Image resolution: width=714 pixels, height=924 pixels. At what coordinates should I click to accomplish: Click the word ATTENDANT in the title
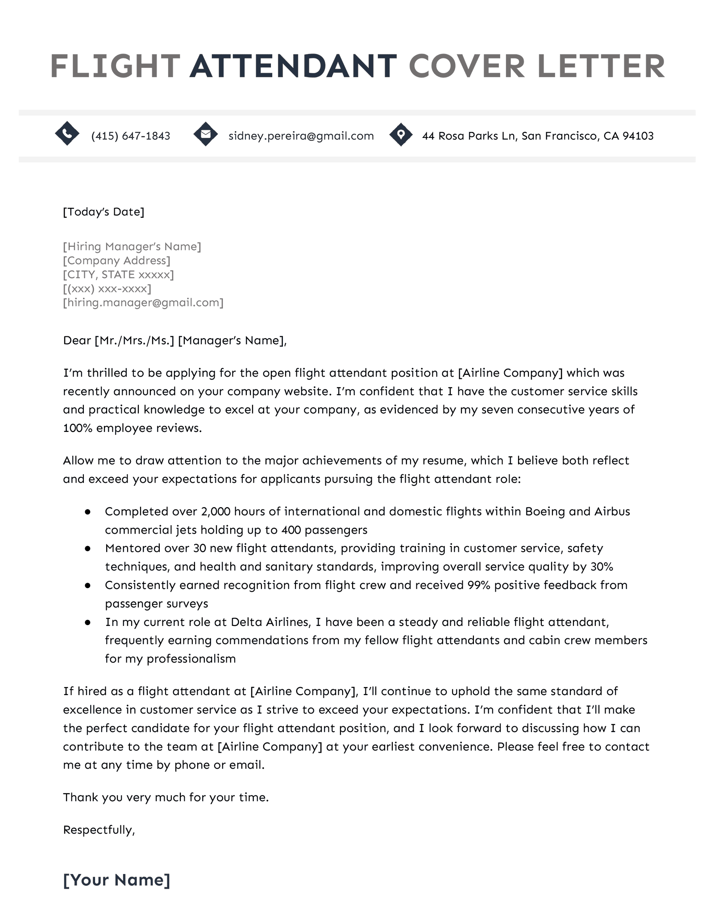tap(293, 66)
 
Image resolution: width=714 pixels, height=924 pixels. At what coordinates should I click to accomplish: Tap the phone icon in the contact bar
tap(67, 133)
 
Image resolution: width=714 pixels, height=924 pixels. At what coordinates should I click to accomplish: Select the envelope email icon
tap(205, 133)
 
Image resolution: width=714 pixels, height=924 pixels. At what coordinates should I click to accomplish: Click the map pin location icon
tap(401, 134)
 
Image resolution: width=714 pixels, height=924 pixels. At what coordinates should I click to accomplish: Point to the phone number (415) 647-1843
tap(130, 136)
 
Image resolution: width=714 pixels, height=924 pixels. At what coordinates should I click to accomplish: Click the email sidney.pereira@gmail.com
tap(301, 136)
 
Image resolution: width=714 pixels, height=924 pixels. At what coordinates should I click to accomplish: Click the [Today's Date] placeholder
tap(104, 212)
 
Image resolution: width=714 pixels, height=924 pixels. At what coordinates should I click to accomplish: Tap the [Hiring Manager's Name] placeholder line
tap(132, 247)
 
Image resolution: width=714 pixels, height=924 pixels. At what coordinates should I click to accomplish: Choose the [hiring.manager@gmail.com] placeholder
tap(143, 303)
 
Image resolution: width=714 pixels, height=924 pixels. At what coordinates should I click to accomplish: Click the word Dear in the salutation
tap(77, 341)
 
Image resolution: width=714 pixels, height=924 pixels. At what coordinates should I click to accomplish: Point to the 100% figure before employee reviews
tap(78, 428)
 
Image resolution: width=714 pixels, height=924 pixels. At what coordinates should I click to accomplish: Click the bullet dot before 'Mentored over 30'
tap(88, 548)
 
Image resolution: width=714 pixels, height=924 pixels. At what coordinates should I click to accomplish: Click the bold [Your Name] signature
tap(116, 880)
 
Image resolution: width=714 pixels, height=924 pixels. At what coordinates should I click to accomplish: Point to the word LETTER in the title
tap(602, 66)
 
